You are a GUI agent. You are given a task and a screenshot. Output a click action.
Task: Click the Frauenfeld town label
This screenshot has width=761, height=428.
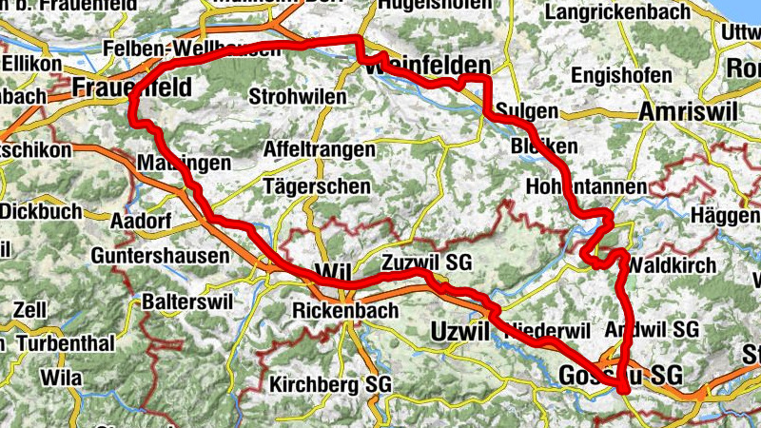point(132,88)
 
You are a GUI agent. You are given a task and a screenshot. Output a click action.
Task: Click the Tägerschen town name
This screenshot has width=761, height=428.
point(317,186)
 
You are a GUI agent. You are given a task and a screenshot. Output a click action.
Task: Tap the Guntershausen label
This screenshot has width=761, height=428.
point(161,256)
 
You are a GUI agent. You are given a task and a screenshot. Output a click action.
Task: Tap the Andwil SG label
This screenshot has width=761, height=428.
point(652,328)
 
